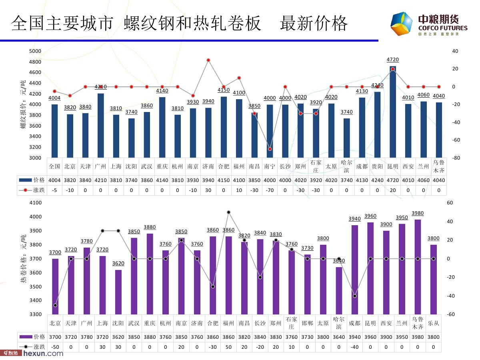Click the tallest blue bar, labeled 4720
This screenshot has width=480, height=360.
393,112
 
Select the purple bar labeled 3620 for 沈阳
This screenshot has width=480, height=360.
118,292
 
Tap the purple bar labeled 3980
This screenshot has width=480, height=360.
418,267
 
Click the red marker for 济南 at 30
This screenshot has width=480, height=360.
208,60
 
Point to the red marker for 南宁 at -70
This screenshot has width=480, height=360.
270,149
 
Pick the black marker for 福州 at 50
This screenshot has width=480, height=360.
228,212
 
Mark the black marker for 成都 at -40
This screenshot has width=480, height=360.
354,296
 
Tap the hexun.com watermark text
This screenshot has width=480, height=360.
43,353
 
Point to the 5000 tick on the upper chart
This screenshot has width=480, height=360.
35,51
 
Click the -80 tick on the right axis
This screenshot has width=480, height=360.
455,158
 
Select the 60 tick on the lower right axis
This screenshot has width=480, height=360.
450,203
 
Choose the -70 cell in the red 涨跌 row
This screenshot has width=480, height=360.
270,190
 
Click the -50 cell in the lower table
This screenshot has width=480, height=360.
55,347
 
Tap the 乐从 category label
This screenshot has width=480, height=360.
433,323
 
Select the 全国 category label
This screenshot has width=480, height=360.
54,166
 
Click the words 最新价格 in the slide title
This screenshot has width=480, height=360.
314,24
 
